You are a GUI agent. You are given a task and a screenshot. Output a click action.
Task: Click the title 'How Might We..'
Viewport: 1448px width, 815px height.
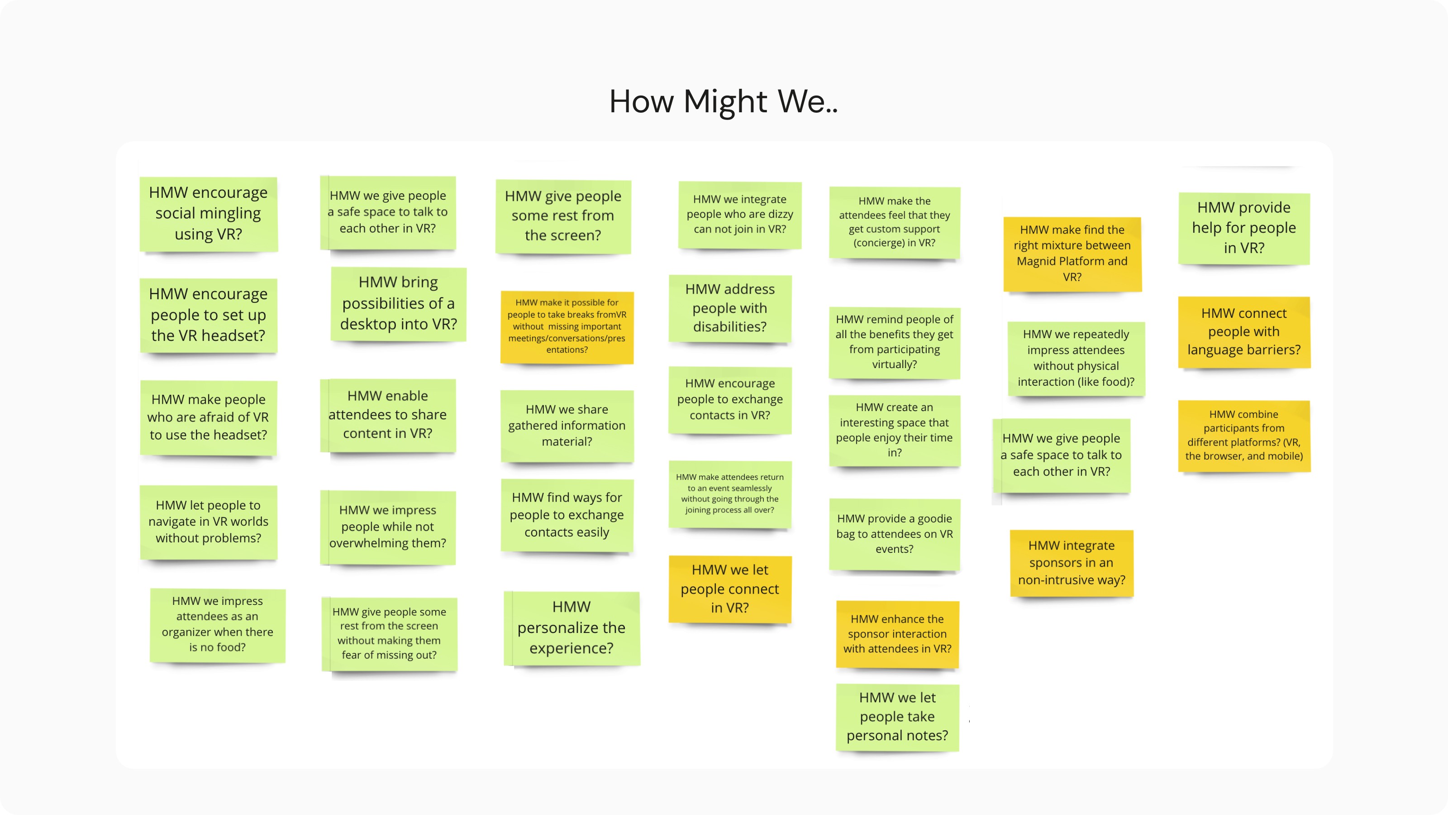coord(724,102)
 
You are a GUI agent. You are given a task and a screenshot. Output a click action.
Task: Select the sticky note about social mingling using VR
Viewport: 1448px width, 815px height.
coord(208,214)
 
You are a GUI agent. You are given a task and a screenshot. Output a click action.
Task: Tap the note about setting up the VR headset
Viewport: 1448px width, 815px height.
coord(208,315)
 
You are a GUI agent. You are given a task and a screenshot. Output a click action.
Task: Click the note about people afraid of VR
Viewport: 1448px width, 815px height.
coord(208,417)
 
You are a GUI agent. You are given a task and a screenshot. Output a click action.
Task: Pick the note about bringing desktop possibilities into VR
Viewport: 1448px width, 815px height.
coord(398,304)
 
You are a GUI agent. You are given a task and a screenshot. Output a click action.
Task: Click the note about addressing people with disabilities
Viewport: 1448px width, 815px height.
coord(729,308)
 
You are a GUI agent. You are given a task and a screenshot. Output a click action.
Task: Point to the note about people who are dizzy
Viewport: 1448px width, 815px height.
coord(739,214)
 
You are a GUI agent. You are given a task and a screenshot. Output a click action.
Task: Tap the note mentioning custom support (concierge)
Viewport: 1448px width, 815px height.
coord(894,222)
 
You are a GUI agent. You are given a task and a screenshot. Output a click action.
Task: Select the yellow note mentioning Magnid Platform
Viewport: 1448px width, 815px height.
coord(1072,254)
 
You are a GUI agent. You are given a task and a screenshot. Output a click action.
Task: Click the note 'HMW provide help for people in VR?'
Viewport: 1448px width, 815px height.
coord(1243,228)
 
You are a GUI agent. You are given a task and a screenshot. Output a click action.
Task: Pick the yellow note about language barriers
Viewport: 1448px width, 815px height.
coord(1243,332)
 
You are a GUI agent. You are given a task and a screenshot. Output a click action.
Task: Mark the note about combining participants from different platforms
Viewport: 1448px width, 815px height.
coord(1243,435)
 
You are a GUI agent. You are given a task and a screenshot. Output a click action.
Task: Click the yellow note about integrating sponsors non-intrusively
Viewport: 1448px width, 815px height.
coord(1072,562)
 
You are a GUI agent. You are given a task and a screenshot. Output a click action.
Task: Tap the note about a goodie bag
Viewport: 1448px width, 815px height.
coord(894,534)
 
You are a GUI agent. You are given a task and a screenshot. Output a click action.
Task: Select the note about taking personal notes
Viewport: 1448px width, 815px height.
coord(897,717)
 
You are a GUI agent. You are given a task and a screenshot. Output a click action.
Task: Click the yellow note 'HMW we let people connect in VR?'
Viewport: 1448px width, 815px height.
coord(729,589)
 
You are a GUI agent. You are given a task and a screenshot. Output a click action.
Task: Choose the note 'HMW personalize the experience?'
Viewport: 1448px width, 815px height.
coord(571,628)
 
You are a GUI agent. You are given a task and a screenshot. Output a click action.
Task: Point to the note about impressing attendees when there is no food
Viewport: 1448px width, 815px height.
coord(217,624)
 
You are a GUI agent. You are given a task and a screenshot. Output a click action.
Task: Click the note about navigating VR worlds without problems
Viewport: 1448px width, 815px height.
coord(208,522)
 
